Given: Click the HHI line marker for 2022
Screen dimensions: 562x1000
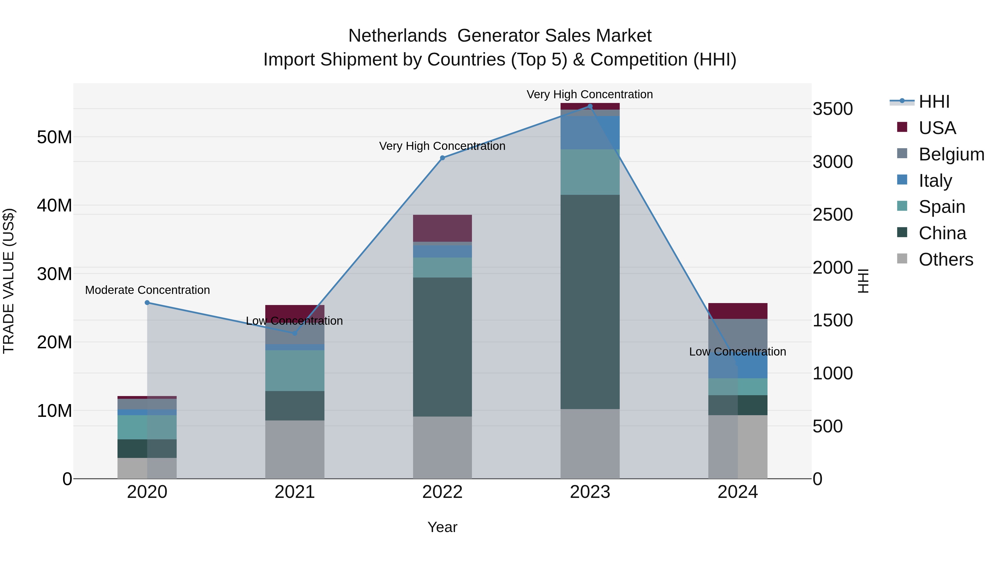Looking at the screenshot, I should pyautogui.click(x=442, y=158).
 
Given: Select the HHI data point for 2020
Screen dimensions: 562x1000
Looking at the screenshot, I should pyautogui.click(x=147, y=303).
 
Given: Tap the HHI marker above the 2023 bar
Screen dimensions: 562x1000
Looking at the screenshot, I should pyautogui.click(x=590, y=106).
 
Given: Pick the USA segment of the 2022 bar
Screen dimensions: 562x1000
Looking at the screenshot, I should pyautogui.click(x=442, y=228).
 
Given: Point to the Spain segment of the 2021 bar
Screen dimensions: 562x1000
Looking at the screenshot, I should pyautogui.click(x=295, y=371).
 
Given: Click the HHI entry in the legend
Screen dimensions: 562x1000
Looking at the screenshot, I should pyautogui.click(x=934, y=102).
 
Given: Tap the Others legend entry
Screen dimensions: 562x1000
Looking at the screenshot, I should pyautogui.click(x=945, y=259).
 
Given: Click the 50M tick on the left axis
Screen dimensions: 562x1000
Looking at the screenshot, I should pyautogui.click(x=54, y=137).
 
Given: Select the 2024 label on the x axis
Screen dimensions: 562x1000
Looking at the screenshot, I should pyautogui.click(x=737, y=492).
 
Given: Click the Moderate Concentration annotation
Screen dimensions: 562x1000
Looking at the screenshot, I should pyautogui.click(x=147, y=290).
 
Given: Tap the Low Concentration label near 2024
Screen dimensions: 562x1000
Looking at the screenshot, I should pyautogui.click(x=737, y=352).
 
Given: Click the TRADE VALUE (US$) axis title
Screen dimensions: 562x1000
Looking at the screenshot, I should pyautogui.click(x=9, y=281).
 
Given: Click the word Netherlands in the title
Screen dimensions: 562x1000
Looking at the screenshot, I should pyautogui.click(x=397, y=36).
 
